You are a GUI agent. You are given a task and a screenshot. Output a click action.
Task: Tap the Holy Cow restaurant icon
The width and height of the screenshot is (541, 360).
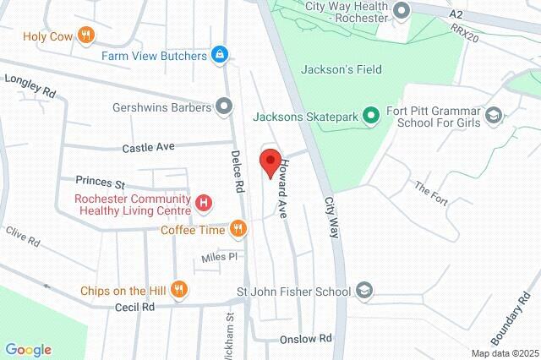pos(85,35)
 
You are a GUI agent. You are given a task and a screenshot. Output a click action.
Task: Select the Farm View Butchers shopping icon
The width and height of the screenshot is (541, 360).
pos(220,56)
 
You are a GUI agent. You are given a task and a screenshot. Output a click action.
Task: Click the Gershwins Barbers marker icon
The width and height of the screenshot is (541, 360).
pos(224,106)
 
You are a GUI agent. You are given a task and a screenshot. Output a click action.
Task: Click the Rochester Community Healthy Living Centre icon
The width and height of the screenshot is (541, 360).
pos(204,203)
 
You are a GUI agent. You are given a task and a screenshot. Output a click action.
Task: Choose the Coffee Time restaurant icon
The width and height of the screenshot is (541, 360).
pos(238,229)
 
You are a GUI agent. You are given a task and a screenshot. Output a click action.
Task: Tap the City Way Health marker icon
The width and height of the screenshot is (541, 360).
pos(402,10)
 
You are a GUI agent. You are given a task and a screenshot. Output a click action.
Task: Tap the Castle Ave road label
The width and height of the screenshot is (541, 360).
pos(148,147)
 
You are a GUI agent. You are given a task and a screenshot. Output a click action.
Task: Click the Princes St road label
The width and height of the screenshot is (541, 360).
pos(100,182)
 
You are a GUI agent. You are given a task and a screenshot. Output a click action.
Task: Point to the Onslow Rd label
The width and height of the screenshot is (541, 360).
pos(306,339)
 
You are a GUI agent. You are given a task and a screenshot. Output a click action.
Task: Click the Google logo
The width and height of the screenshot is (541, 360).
pos(28,350)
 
